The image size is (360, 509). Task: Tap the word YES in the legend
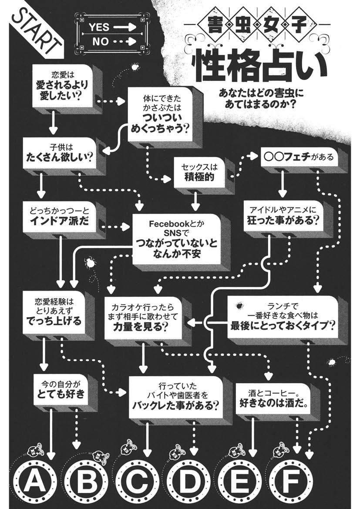pos(99,27)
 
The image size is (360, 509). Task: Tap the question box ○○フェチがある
pos(298,157)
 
